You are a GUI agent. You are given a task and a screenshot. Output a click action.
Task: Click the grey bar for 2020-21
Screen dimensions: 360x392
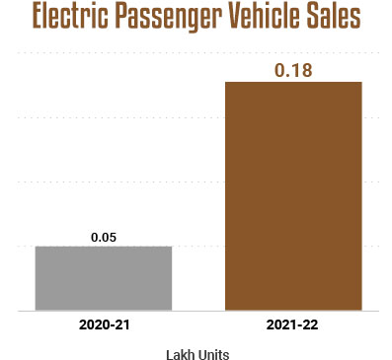point(104,278)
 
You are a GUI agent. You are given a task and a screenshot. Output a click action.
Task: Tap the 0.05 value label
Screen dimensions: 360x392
point(104,238)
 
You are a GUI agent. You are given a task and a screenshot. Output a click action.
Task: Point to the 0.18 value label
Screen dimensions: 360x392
point(293,68)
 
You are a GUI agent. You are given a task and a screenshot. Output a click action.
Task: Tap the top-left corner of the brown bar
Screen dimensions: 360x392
point(226,82)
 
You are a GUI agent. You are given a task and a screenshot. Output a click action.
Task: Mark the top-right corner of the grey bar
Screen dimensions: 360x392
point(172,247)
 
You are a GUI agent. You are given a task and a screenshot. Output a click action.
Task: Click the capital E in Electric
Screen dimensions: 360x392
point(39,20)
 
